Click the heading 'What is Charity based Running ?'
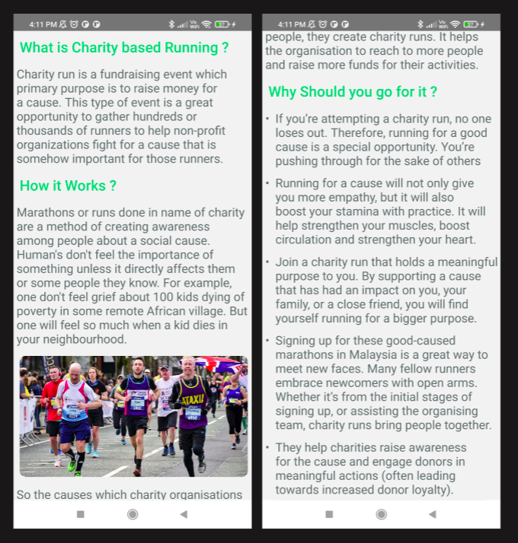[124, 48]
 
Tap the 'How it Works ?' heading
[68, 186]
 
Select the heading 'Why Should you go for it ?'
[353, 92]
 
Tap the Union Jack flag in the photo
[216, 364]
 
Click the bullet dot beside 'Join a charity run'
[267, 262]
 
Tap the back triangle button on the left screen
[184, 514]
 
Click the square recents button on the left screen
[81, 514]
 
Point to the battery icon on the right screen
[472, 24]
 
